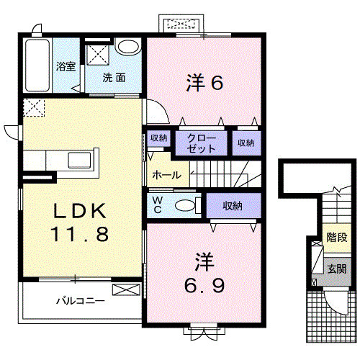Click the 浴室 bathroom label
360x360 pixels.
click(x=66, y=66)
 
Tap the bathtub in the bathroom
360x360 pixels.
click(x=37, y=66)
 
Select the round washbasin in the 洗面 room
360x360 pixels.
click(x=127, y=47)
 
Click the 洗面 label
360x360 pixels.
click(x=114, y=78)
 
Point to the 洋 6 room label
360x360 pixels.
click(x=204, y=82)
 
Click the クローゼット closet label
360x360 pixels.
click(x=202, y=143)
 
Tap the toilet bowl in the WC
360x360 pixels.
click(x=185, y=206)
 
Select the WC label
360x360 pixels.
click(x=158, y=204)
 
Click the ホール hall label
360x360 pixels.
click(x=166, y=175)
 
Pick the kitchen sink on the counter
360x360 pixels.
click(x=79, y=160)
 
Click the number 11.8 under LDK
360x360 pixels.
click(x=79, y=234)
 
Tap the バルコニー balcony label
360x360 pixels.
click(x=81, y=301)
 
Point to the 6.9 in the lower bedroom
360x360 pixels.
click(x=204, y=286)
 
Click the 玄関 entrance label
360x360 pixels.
click(x=337, y=269)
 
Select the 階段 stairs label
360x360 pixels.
click(x=337, y=238)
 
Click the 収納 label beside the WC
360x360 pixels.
click(x=233, y=206)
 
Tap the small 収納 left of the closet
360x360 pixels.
click(x=158, y=138)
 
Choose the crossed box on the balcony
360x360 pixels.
click(x=126, y=289)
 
